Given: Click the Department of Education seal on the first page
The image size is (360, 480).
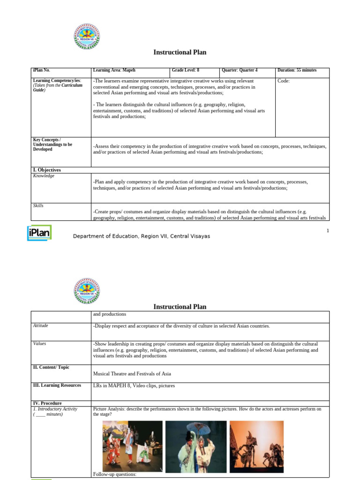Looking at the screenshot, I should [x=87, y=36].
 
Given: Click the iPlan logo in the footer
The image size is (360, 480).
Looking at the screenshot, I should [x=39, y=233].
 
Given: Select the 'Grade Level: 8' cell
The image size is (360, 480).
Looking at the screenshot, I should [x=186, y=70].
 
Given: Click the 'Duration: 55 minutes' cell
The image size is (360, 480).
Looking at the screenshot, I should [x=297, y=70].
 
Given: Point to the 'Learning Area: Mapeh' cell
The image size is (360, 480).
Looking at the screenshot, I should [x=114, y=70].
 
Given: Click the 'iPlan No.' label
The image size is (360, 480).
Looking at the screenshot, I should [x=41, y=70].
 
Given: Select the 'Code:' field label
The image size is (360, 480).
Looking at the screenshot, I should [x=284, y=81].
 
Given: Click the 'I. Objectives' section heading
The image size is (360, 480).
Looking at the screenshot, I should [x=47, y=170].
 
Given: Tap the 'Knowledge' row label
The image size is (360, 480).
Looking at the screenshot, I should [x=44, y=176].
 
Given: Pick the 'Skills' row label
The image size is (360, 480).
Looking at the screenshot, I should [x=38, y=206].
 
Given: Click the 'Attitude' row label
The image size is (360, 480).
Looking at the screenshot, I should [x=40, y=325].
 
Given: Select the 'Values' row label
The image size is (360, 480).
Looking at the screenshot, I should [x=39, y=344].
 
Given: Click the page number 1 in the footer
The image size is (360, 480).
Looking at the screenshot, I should [x=328, y=231].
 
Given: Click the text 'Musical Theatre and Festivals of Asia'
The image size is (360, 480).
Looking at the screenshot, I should [x=132, y=374].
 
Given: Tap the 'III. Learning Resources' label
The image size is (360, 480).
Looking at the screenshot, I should [x=56, y=385].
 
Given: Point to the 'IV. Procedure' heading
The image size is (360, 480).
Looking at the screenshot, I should [x=47, y=403].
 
